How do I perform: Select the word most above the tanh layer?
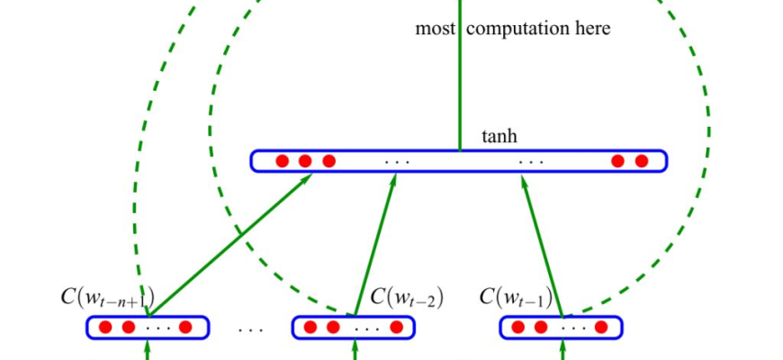click(x=436, y=29)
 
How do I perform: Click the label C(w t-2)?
click(x=407, y=296)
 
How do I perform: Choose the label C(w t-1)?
click(x=516, y=296)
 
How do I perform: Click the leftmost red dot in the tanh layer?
click(x=282, y=161)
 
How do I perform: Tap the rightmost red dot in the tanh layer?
click(x=642, y=161)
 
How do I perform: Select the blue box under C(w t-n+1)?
click(x=148, y=327)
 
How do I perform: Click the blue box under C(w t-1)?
click(x=562, y=327)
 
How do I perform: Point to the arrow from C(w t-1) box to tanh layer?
click(x=544, y=244)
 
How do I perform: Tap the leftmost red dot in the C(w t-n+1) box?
click(x=105, y=327)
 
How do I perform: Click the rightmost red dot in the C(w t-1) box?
click(x=602, y=327)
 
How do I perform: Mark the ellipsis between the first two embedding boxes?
click(x=250, y=328)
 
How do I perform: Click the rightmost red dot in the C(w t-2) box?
click(x=392, y=327)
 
